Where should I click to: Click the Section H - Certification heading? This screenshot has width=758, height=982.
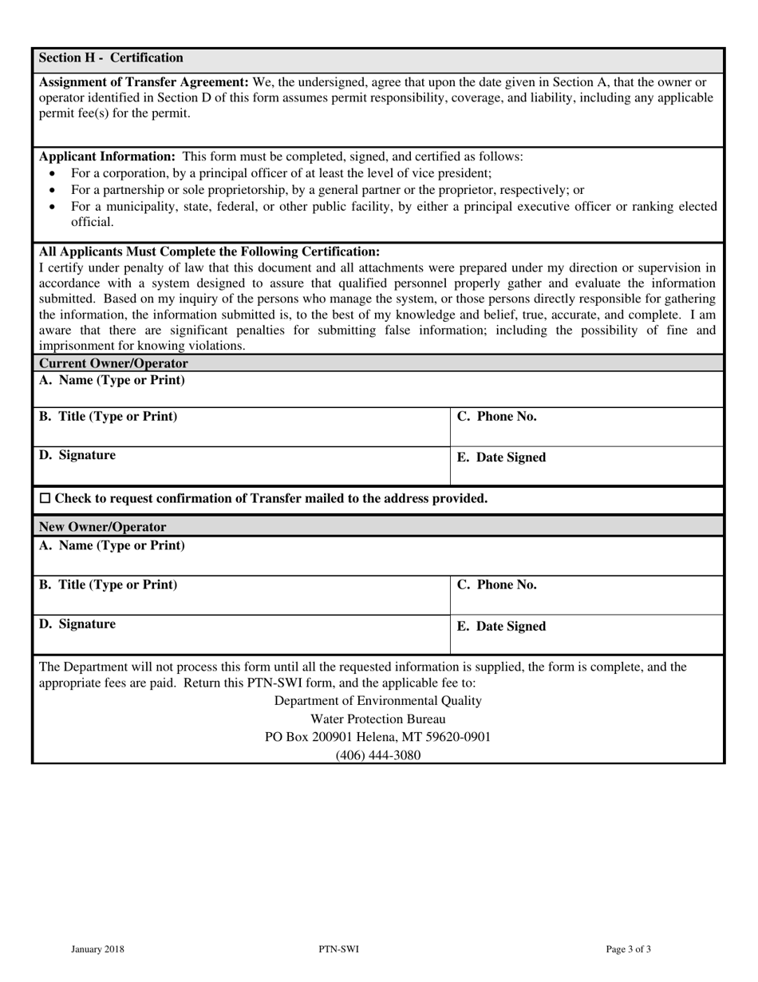pyautogui.click(x=111, y=58)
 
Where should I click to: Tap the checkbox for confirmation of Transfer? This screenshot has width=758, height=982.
pyautogui.click(x=45, y=499)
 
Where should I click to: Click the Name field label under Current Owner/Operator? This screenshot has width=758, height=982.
pyautogui.click(x=112, y=380)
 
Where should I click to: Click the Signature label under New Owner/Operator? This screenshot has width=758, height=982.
pyautogui.click(x=77, y=624)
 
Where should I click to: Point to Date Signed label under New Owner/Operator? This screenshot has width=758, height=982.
pyautogui.click(x=501, y=627)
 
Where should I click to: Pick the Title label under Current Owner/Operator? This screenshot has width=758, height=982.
pyautogui.click(x=109, y=417)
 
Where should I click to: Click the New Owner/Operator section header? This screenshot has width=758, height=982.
pyautogui.click(x=103, y=527)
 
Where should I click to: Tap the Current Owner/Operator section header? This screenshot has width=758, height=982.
pyautogui.click(x=113, y=363)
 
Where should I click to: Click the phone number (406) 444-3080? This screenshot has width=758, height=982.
pyautogui.click(x=377, y=755)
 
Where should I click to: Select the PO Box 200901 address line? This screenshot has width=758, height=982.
pyautogui.click(x=377, y=737)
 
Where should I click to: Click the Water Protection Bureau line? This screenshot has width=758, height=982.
pyautogui.click(x=377, y=719)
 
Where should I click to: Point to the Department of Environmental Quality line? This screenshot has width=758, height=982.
pyautogui.click(x=377, y=701)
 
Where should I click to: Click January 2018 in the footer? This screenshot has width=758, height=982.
pyautogui.click(x=97, y=949)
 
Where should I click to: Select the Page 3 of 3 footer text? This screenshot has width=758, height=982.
pyautogui.click(x=629, y=949)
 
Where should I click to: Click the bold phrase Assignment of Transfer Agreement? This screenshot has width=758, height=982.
pyautogui.click(x=144, y=81)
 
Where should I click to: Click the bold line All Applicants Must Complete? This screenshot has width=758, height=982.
pyautogui.click(x=210, y=251)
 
